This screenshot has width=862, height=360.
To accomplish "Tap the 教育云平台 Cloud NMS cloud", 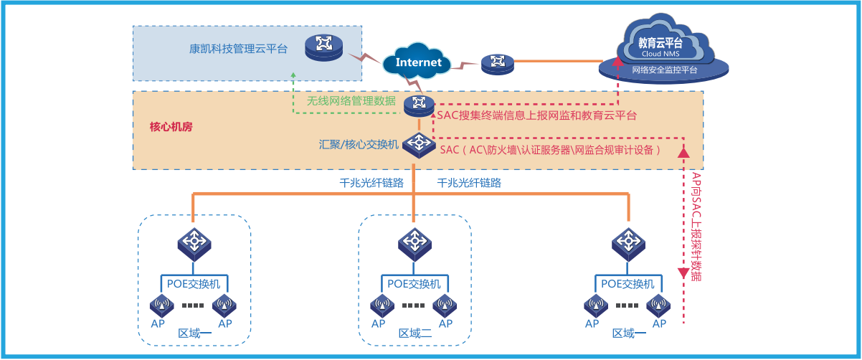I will tap(660, 47).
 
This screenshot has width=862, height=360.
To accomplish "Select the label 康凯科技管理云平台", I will tap(238, 49).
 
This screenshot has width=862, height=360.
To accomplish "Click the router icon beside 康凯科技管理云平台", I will tap(323, 48).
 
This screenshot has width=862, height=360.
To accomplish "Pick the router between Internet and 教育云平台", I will tap(498, 64).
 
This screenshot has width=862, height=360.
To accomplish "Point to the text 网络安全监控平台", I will tap(664, 70).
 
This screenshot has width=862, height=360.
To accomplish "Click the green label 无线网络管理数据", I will tap(351, 101).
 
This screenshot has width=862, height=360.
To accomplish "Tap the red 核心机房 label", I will tap(171, 127).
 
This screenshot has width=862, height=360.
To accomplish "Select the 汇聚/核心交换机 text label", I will tap(358, 143).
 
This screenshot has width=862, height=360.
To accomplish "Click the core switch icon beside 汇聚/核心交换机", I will tap(417, 143).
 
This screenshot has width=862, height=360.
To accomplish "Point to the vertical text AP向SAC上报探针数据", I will tap(696, 226).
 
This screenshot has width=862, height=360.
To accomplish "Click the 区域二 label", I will tap(415, 333).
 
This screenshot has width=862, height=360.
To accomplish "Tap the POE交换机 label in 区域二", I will tap(414, 284).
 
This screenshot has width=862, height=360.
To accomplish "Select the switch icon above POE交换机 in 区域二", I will tap(415, 242).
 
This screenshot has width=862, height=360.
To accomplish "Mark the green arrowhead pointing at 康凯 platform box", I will tap(293, 74).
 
